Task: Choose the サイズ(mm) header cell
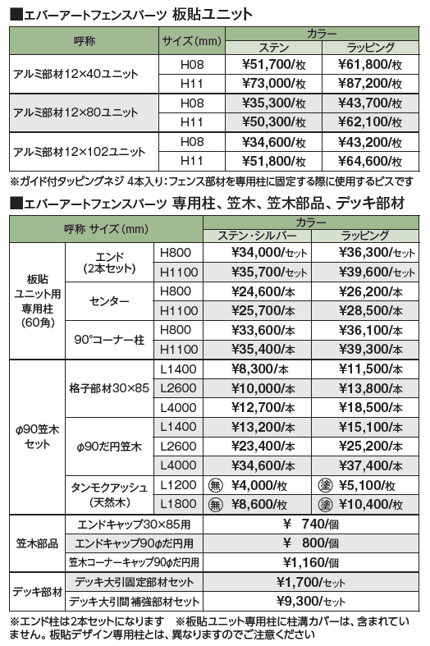click(191, 40)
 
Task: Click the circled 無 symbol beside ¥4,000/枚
click(217, 484)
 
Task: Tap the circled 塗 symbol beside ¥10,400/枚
click(324, 503)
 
